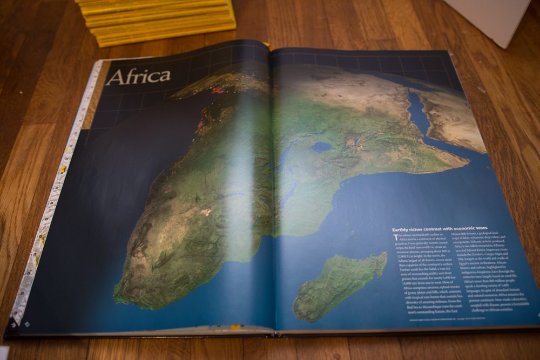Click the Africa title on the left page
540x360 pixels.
click(138, 76)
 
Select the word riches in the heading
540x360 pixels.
click(424, 228)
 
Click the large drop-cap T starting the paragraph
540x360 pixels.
click(395, 237)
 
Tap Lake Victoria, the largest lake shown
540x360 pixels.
click(321, 146)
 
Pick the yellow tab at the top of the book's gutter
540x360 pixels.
click(266, 44)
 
